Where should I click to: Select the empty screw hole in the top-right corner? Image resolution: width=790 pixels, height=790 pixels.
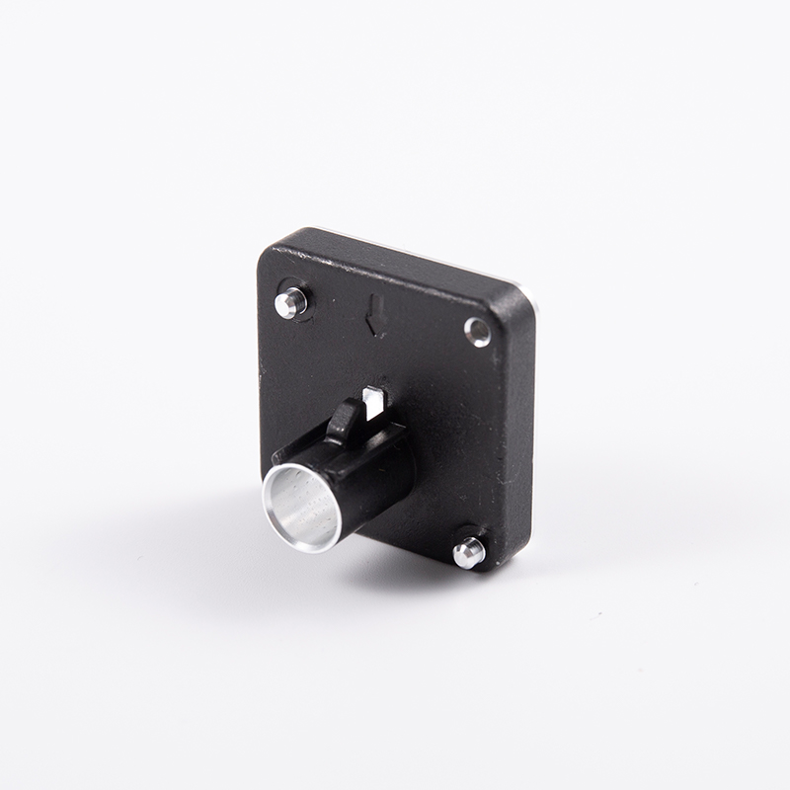[478, 332]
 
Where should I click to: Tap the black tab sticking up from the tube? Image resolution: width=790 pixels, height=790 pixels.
[342, 423]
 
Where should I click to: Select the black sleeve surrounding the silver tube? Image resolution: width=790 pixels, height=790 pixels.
[370, 484]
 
